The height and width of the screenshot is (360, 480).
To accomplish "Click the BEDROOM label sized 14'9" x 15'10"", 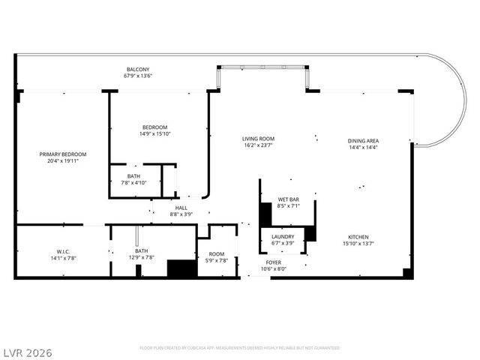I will (x=154, y=127).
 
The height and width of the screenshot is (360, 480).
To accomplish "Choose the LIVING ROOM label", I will (x=257, y=139).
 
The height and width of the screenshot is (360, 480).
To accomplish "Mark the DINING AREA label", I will (x=362, y=141).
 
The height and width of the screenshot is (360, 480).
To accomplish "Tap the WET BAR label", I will (x=288, y=199).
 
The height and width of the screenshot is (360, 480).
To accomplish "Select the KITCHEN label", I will (x=358, y=236).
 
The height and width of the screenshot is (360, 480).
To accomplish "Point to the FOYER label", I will (x=273, y=262).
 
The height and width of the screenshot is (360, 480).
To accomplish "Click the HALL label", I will (x=181, y=208).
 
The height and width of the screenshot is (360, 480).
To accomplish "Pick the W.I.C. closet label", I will (x=62, y=251).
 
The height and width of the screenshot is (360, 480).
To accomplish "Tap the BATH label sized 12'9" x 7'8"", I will (x=141, y=251).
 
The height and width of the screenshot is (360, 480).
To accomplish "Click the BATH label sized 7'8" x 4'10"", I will (x=133, y=175).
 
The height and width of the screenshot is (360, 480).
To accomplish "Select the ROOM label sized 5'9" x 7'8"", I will (x=216, y=253).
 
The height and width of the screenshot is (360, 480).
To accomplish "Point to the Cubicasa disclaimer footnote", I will (x=240, y=348).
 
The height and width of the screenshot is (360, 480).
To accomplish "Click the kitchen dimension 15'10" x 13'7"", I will (x=358, y=243).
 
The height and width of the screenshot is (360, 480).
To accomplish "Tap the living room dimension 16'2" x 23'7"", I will (x=257, y=145).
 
